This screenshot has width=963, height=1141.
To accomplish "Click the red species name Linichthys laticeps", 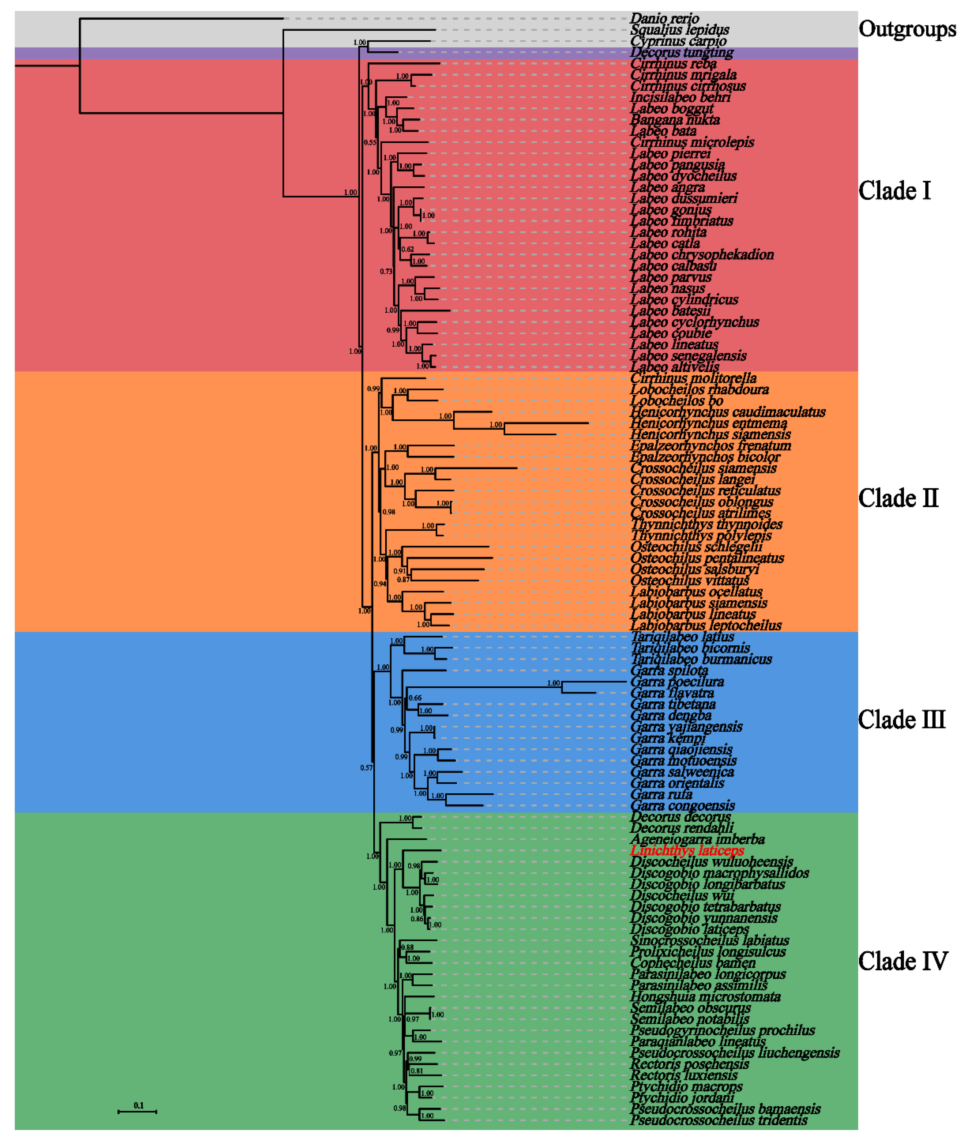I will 687,850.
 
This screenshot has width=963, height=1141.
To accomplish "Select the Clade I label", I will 894,191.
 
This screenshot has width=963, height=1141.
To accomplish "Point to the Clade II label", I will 898,498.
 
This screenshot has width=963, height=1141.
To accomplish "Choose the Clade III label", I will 901,720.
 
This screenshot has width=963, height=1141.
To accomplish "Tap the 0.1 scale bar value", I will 139,1105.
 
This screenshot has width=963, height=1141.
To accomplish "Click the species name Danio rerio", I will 664,19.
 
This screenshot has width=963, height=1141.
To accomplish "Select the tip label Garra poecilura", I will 677,682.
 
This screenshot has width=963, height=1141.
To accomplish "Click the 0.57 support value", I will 366,768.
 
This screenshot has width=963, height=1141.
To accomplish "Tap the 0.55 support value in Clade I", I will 370,142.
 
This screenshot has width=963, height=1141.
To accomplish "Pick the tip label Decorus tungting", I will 681,52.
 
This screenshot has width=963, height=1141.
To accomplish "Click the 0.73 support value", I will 386,271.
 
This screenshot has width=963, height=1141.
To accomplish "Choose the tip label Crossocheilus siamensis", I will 703,468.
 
